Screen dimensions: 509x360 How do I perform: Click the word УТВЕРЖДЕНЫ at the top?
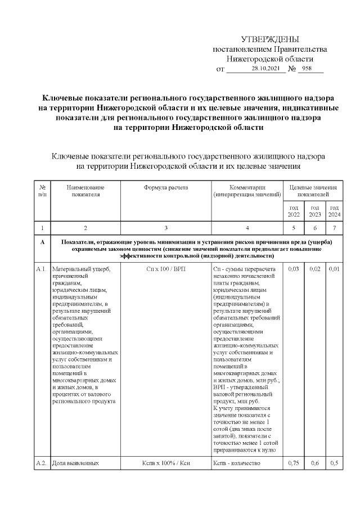pos(269,39)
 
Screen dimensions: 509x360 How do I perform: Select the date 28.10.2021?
pos(265,69)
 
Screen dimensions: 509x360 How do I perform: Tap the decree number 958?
pos(307,69)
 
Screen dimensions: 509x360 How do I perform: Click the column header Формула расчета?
pos(165,187)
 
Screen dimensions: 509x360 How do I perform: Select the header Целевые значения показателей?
pos(313,191)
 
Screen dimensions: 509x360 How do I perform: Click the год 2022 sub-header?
pos(294,211)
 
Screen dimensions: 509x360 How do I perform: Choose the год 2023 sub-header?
pos(314,211)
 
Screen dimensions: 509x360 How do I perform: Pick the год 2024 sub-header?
pos(334,211)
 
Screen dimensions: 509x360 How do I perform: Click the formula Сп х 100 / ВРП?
pos(165,269)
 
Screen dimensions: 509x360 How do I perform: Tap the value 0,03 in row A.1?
pos(293,269)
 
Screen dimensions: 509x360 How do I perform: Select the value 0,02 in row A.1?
pos(314,269)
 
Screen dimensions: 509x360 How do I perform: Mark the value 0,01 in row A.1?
pos(334,269)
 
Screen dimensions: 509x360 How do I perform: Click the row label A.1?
pos(41,269)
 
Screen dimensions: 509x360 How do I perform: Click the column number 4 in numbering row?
pos(247,228)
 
